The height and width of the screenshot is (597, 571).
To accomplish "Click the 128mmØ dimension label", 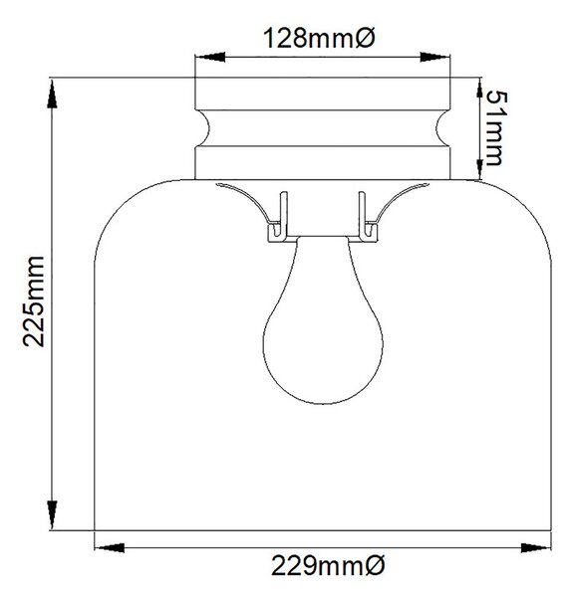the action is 319,38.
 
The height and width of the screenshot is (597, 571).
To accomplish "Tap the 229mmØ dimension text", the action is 328,566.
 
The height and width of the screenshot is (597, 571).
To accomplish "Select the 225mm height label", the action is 34,301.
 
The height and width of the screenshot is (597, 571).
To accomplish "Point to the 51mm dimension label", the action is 497,128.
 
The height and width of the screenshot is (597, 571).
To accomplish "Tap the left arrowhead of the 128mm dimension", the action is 210,57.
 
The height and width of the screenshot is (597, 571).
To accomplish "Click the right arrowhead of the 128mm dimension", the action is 435,57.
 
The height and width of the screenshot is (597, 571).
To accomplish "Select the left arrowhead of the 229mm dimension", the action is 110,548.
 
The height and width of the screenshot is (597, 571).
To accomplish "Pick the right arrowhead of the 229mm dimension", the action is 536,548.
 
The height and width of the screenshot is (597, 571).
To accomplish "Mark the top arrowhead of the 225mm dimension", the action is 52,94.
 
